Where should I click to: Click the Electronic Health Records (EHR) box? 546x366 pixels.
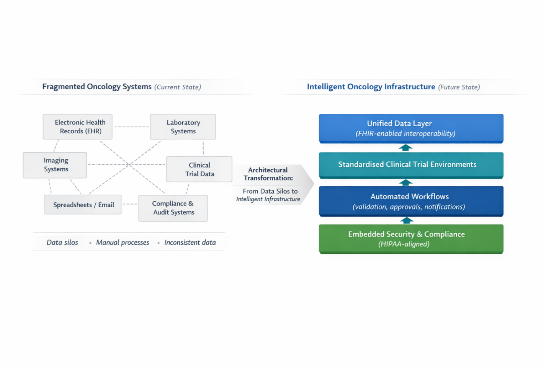77,126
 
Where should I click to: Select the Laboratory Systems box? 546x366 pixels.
183,126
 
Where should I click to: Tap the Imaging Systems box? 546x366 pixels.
55,165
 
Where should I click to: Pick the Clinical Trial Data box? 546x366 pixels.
199,169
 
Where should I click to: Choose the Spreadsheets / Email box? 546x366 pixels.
83,205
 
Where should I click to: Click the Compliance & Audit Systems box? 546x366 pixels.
173,208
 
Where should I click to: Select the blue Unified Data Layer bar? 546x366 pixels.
411,129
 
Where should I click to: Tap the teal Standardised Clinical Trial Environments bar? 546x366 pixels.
411,166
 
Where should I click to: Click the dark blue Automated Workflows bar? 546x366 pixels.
411,201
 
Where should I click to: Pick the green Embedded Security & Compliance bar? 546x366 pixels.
411,239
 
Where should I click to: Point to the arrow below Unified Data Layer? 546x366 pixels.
405,148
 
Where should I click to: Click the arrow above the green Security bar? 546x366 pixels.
407,220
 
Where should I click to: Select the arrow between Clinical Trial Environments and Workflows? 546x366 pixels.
405,182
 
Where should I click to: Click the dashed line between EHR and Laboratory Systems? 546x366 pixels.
131,127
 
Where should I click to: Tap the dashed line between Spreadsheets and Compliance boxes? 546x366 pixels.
130,204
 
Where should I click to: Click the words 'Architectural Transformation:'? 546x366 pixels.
268,174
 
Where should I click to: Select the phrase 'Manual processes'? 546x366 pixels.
123,242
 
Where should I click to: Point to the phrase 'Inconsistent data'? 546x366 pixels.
190,242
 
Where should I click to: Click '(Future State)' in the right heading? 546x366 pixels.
459,87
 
